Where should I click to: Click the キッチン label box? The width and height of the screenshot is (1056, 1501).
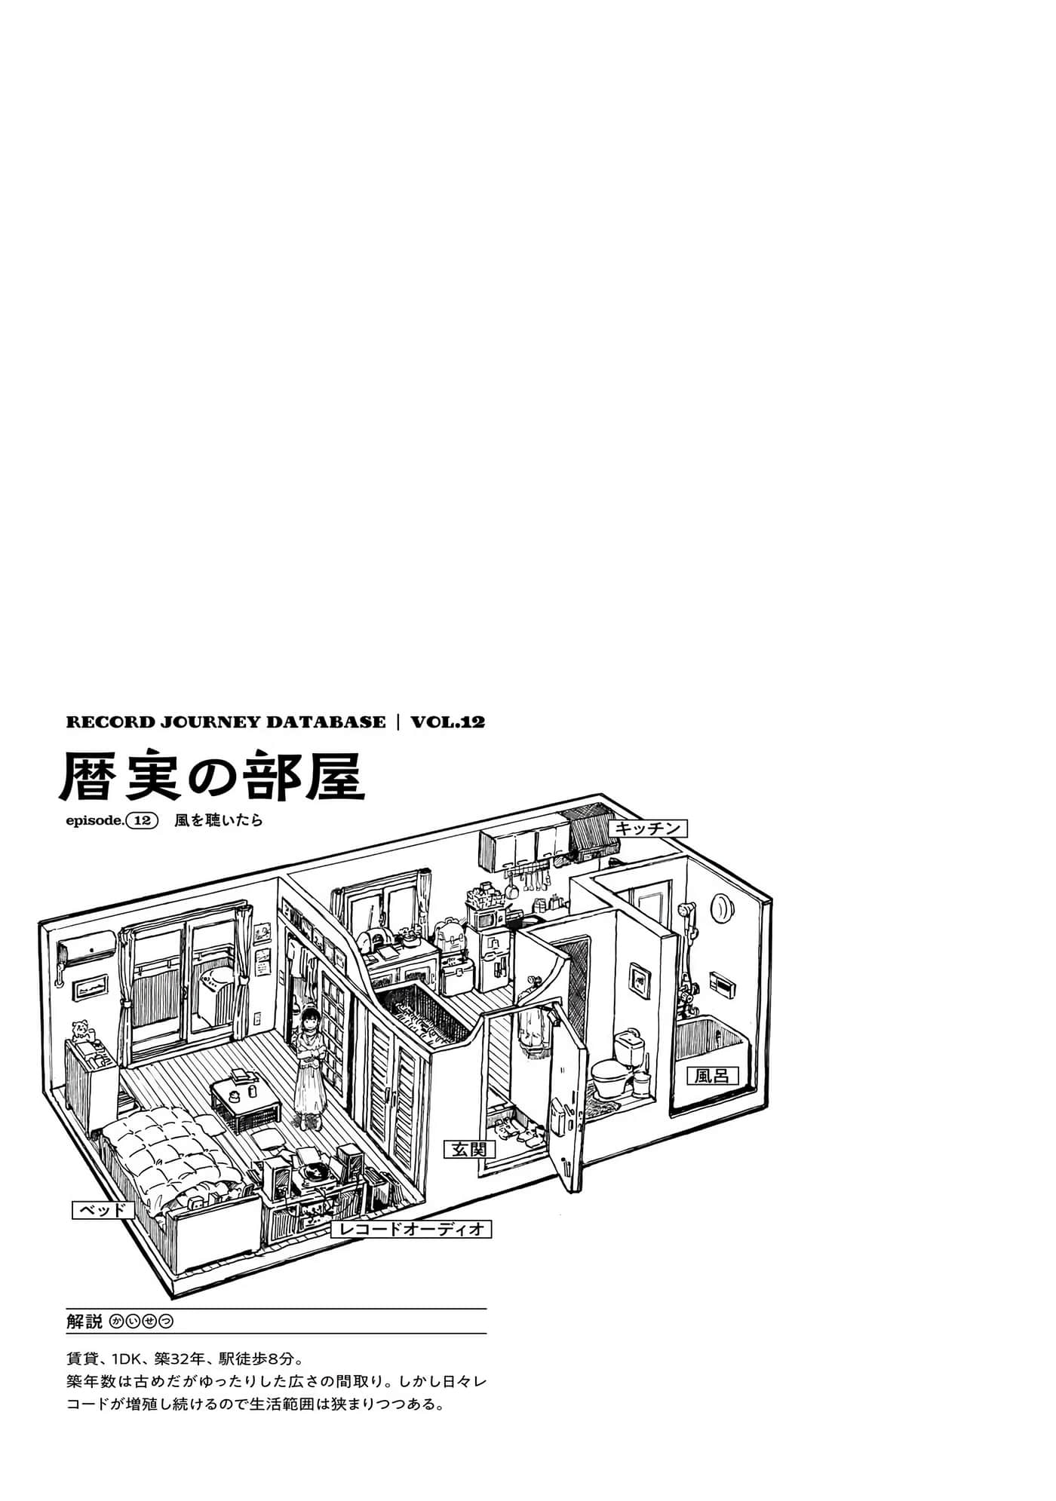pos(649,828)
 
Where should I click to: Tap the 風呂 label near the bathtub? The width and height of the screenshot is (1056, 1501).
pos(712,1074)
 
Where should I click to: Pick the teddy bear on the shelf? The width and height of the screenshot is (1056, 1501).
pos(81,1031)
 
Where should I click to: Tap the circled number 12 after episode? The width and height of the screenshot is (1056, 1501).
pos(142,822)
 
